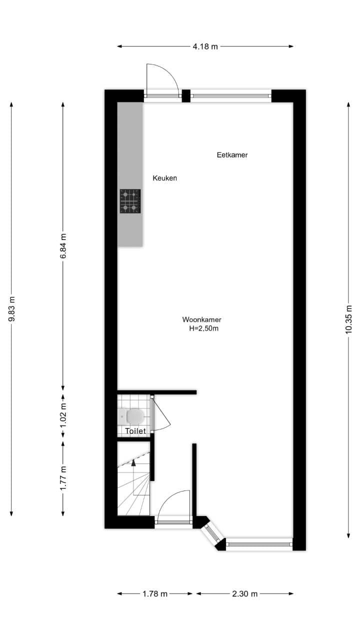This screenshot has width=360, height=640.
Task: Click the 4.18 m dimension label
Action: pos(205,46)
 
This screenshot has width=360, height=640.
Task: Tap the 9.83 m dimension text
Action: pos(11,309)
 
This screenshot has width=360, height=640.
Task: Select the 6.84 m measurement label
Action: pos(63,245)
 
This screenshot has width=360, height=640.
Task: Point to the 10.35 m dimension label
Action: pos(348,319)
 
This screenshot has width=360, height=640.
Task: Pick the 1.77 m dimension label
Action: pos(63,478)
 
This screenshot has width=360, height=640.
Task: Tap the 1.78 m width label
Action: pos(155,593)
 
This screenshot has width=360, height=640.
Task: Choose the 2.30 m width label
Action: pos(245,593)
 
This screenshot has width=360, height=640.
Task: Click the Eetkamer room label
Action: pos(232,155)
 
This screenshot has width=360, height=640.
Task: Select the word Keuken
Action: pos(165,178)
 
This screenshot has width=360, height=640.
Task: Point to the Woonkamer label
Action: pos(201,319)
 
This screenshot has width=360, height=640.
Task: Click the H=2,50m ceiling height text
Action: pos(203,328)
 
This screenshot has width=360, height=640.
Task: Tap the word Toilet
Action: pos(135,431)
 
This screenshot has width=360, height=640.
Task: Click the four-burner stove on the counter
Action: pos(130,201)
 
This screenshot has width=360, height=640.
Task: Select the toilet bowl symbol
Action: pos(135,416)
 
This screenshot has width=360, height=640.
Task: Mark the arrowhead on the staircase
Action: pos(133,463)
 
